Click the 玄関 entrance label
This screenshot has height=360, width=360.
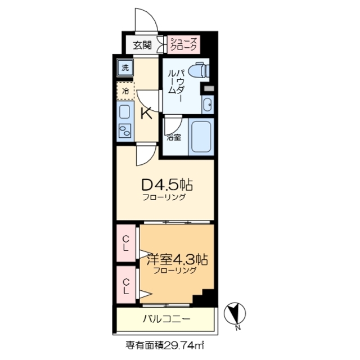142,46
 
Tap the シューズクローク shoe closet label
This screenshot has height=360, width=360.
184,44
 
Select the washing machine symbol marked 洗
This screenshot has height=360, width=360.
125,68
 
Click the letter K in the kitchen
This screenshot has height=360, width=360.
145,114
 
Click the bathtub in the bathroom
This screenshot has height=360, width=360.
201,136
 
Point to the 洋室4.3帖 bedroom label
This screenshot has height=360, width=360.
178,260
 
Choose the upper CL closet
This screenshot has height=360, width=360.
126,242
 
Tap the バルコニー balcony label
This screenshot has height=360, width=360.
166,319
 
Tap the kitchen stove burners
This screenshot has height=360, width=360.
124,133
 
